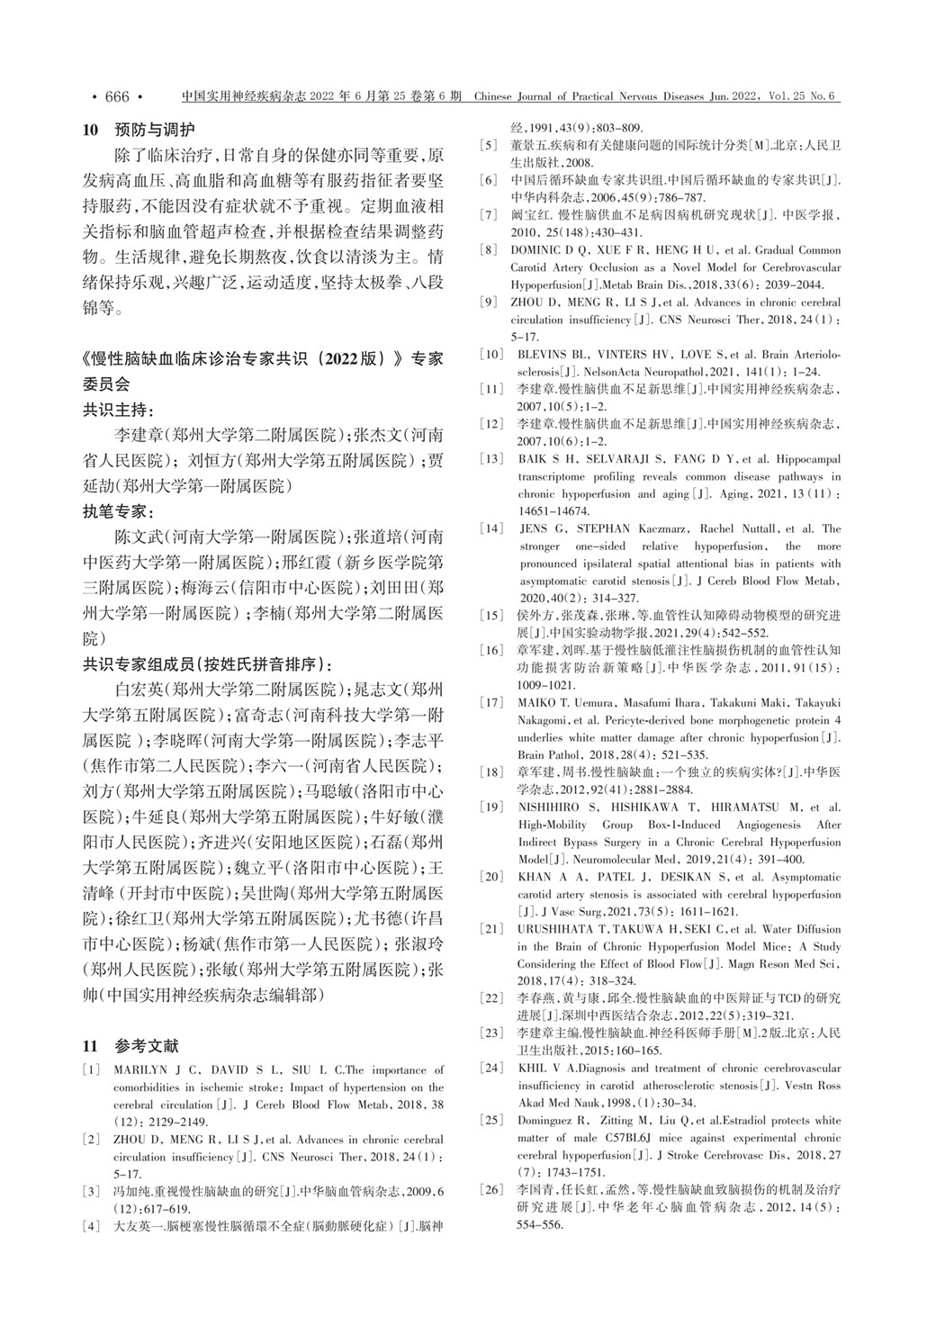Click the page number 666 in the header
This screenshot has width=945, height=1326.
click(117, 96)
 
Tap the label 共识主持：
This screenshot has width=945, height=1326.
click(119, 410)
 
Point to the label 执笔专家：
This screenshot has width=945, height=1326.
click(119, 512)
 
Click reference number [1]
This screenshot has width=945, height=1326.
click(91, 1070)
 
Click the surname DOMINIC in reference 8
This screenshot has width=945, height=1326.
click(542, 250)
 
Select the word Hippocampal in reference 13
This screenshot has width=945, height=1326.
click(807, 459)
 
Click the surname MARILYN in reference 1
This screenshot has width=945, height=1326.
click(140, 1070)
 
